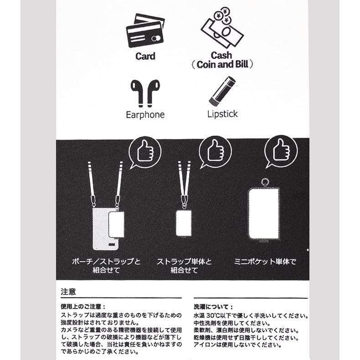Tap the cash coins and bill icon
point(222,28)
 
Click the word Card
point(145,57)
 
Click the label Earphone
point(145,114)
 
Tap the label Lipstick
point(222,113)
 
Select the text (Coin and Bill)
point(222,64)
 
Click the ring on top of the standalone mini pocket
point(263,183)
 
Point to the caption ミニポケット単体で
point(265,262)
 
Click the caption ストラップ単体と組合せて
point(184,266)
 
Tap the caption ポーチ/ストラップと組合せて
point(106,266)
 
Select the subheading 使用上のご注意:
point(83,307)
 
